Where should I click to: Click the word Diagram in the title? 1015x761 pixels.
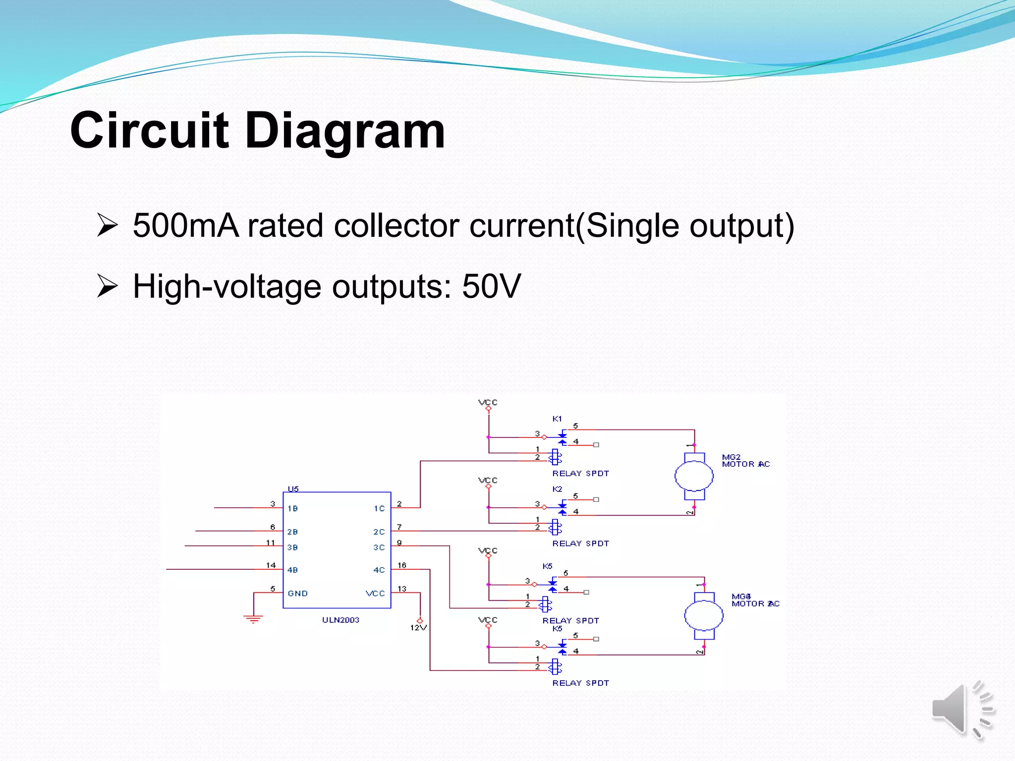click(x=345, y=130)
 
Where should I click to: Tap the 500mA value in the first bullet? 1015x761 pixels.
click(x=186, y=226)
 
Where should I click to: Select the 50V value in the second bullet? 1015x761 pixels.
click(x=491, y=286)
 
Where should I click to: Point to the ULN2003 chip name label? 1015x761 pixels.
click(x=340, y=620)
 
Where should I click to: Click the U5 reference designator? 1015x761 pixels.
click(x=293, y=489)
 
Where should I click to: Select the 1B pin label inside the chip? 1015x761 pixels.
click(x=292, y=508)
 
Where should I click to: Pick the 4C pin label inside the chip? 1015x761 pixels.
click(x=379, y=570)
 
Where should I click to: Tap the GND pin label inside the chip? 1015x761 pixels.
click(x=297, y=594)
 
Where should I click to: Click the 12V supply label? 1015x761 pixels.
click(x=418, y=628)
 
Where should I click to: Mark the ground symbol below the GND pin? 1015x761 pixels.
click(x=253, y=618)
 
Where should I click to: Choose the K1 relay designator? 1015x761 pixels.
click(x=557, y=419)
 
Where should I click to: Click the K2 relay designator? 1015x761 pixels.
click(x=557, y=489)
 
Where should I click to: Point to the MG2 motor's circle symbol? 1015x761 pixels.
click(x=694, y=477)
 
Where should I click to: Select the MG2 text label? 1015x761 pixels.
click(x=731, y=457)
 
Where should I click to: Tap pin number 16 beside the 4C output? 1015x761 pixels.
click(x=401, y=565)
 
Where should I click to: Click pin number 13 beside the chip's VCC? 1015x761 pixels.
click(x=401, y=589)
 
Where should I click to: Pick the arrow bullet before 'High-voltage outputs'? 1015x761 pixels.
click(x=107, y=286)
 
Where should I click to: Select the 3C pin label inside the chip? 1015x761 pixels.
click(x=379, y=547)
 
